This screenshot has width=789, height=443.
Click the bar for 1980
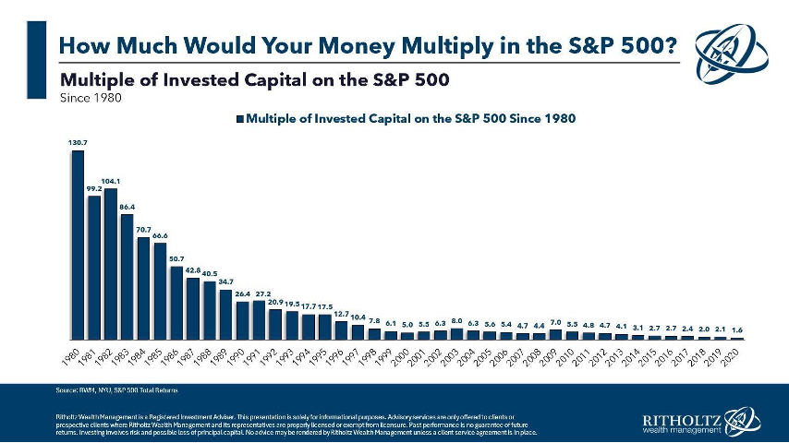click(78, 245)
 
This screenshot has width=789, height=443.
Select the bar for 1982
click(110, 264)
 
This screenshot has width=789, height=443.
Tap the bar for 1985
click(160, 291)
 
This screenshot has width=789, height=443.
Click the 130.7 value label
click(78, 143)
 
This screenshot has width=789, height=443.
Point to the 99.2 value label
click(93, 188)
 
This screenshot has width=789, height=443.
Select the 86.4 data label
click(127, 206)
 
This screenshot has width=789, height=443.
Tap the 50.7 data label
click(176, 258)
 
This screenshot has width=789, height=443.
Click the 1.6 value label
click(736, 329)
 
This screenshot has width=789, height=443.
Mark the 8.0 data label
click(456, 322)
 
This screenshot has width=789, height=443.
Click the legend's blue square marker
click(241, 118)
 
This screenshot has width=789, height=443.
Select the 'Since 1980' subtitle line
click(91, 96)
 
